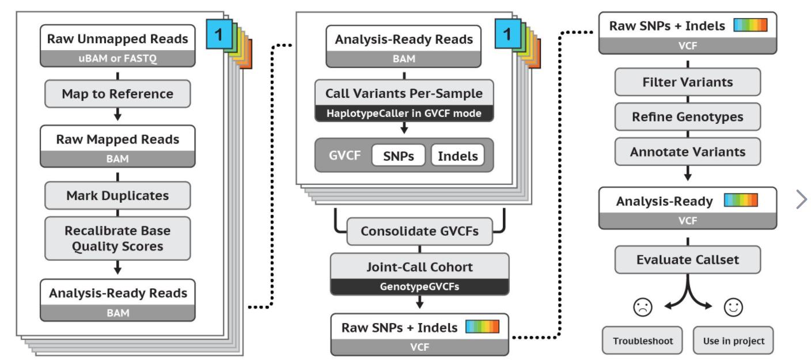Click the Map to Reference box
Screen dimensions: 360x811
point(118,93)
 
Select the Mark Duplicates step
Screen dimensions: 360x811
point(118,195)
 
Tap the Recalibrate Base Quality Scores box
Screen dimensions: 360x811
point(118,238)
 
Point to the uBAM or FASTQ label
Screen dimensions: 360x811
point(118,58)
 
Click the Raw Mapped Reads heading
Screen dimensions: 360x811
point(118,139)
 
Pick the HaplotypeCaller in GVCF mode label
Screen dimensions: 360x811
point(404,113)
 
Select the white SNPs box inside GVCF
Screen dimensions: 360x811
point(399,156)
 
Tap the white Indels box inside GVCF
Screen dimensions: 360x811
point(458,156)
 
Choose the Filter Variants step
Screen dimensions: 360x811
point(687,82)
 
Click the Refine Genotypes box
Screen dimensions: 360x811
point(687,117)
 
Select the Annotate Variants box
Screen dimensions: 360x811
point(687,152)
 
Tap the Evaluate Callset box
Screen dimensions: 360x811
point(687,260)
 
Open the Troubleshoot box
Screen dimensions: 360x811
point(642,340)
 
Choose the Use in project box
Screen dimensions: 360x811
point(733,340)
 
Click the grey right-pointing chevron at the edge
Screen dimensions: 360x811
point(801,199)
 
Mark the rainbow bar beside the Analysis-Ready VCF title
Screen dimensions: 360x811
point(741,200)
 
